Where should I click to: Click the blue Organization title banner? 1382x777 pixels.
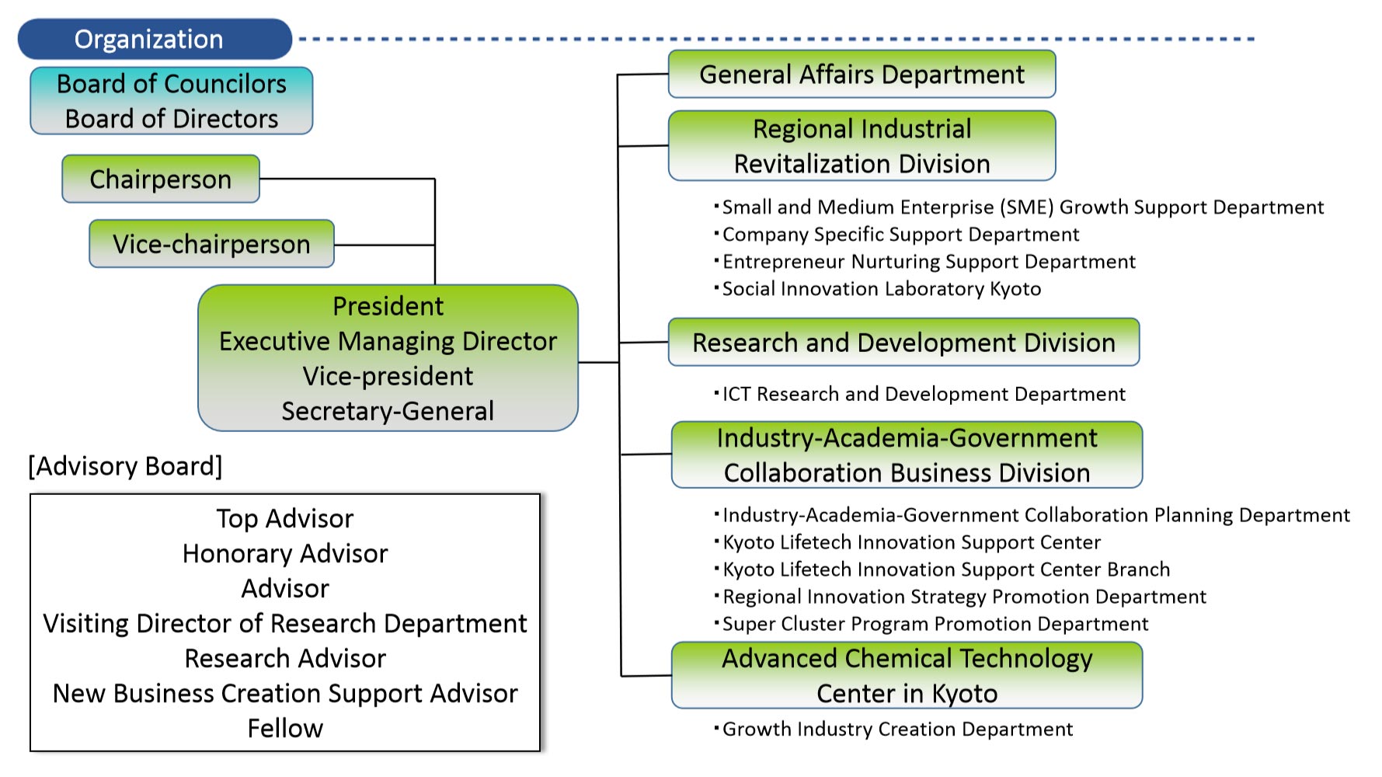pyautogui.click(x=155, y=39)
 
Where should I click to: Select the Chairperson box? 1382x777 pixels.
pyautogui.click(x=161, y=179)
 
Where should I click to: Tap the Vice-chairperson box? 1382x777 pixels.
pyautogui.click(x=211, y=244)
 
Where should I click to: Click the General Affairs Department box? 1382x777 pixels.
pyautogui.click(x=862, y=75)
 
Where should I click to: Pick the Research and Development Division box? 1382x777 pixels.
pyautogui.click(x=903, y=342)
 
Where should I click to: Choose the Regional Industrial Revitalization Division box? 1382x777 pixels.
pyautogui.click(x=862, y=146)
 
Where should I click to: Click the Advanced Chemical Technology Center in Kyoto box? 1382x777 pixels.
pyautogui.click(x=907, y=675)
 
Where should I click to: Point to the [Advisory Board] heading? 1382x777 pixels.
pyautogui.click(x=125, y=466)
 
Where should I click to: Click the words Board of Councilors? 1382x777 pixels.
pyautogui.click(x=172, y=84)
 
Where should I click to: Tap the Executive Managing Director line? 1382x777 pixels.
pyautogui.click(x=388, y=341)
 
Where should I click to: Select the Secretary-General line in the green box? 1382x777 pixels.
pyautogui.click(x=388, y=411)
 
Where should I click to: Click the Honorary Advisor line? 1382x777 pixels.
pyautogui.click(x=285, y=553)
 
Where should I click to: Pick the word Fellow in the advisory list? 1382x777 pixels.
pyautogui.click(x=285, y=728)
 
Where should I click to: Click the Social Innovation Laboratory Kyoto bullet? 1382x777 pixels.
pyautogui.click(x=878, y=289)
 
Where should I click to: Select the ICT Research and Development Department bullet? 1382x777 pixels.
pyautogui.click(x=920, y=395)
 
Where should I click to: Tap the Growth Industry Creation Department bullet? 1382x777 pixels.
pyautogui.click(x=893, y=730)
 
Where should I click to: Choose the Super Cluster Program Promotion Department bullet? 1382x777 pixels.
pyautogui.click(x=931, y=624)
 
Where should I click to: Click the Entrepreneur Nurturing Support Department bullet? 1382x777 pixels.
pyautogui.click(x=924, y=262)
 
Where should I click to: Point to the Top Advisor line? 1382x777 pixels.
pyautogui.click(x=285, y=518)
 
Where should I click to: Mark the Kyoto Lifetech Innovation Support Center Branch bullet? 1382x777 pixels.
pyautogui.click(x=942, y=570)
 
